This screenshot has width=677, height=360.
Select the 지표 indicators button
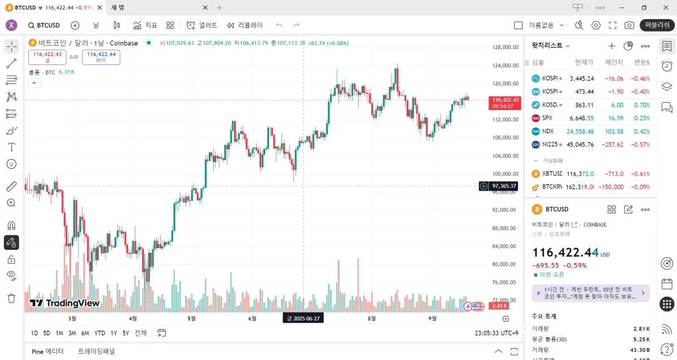[145, 25]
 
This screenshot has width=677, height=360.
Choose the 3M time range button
[72, 333]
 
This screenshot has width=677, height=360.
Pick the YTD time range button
[99, 333]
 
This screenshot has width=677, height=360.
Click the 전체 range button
[140, 333]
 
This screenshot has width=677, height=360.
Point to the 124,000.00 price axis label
[505, 65]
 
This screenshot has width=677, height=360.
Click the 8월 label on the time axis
[371, 318]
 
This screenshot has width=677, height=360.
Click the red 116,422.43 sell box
[47, 56]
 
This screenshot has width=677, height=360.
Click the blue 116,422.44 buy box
[101, 56]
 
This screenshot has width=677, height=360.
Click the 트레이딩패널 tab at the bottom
[96, 352]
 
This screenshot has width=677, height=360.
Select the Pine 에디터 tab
[47, 352]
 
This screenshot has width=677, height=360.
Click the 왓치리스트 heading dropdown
[551, 46]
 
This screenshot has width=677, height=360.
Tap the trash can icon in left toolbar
[11, 298]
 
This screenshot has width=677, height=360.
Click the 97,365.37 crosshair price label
[504, 186]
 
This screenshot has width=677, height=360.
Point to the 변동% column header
[641, 63]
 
